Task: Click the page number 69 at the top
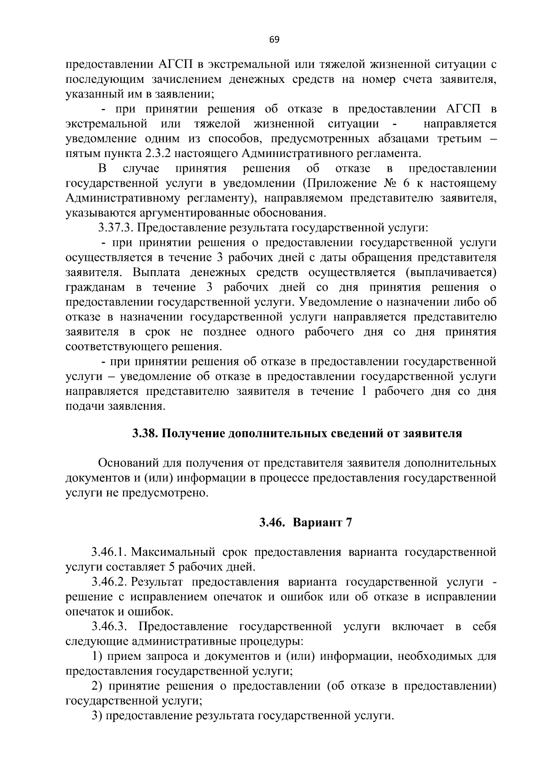[274, 39]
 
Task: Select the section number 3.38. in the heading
[145, 433]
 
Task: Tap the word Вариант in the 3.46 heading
[318, 522]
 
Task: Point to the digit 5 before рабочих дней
[172, 567]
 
